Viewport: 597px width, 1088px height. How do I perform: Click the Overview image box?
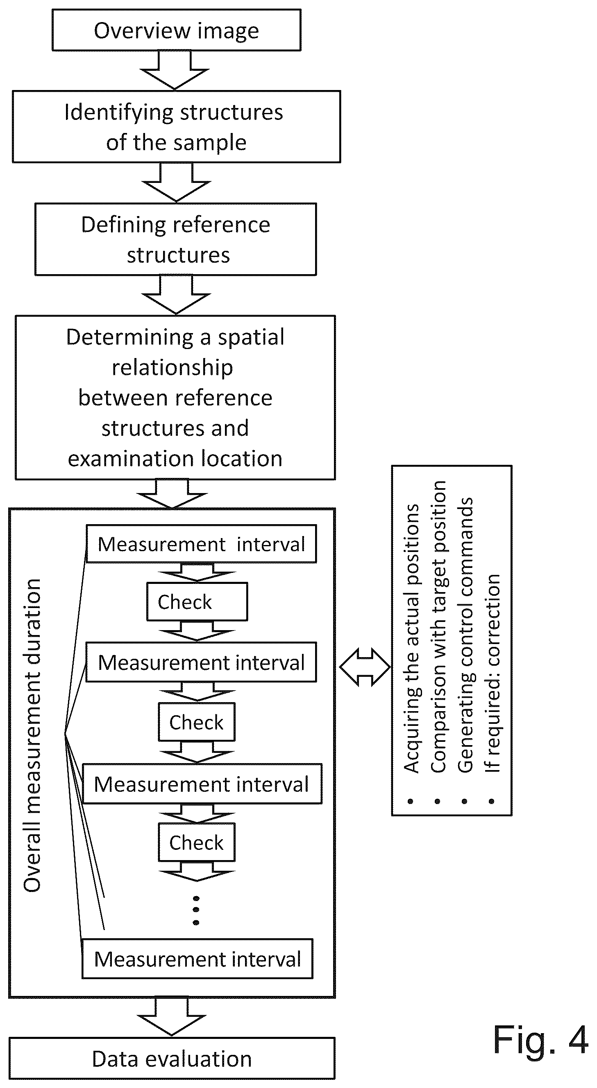(176, 30)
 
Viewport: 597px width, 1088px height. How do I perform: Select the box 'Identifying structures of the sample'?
(176, 127)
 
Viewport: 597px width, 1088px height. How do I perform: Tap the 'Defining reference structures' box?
(175, 239)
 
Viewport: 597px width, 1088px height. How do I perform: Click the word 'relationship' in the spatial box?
(172, 367)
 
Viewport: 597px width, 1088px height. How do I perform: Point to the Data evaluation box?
(172, 1059)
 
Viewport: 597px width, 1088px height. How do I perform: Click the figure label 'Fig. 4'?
(541, 1040)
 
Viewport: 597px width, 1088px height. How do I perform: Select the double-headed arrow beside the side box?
(364, 667)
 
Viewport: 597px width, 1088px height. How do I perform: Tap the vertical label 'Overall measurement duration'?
(32, 735)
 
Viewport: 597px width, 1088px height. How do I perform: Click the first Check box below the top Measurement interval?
(197, 602)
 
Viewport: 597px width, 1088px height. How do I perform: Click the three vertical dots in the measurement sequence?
(196, 910)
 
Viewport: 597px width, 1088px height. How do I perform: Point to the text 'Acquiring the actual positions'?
(411, 638)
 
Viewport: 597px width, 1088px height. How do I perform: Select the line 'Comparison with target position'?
(438, 626)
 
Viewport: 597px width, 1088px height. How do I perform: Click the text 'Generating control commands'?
(465, 635)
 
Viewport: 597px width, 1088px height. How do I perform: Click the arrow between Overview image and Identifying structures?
(175, 70)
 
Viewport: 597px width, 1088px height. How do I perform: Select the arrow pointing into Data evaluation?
(172, 1017)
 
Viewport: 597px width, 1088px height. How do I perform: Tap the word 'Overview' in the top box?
(142, 31)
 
